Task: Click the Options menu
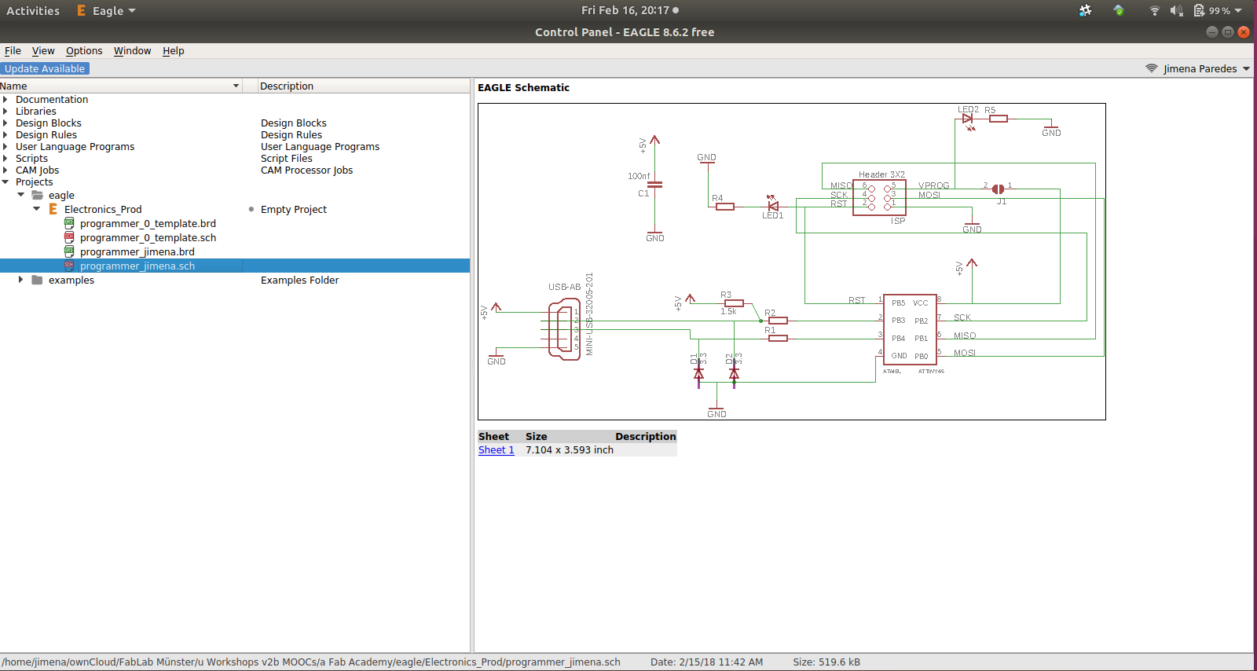point(84,51)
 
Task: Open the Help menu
point(173,51)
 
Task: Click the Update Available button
point(45,69)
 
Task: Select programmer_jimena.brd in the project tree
point(137,252)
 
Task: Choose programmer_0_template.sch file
point(148,238)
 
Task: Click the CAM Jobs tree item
point(37,170)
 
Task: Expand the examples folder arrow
point(20,280)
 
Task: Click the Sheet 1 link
point(496,450)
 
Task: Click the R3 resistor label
point(726,295)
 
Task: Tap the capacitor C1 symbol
point(654,185)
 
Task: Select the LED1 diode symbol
point(773,206)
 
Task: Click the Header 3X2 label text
point(881,174)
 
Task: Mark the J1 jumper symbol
point(998,189)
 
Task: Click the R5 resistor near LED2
point(998,119)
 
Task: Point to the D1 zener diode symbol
point(698,373)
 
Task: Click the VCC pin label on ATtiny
point(920,303)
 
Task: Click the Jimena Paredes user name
point(1200,69)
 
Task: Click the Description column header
point(287,86)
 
